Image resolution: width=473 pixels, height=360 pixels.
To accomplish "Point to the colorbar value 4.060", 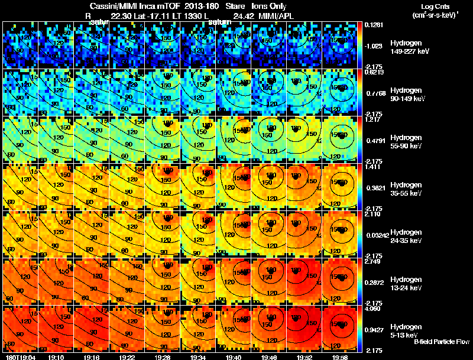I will [373, 309].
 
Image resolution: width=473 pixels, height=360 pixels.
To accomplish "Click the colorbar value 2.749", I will [373, 261].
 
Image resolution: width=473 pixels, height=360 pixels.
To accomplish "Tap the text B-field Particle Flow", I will [441, 342].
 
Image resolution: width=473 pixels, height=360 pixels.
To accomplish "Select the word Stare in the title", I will [227, 6].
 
